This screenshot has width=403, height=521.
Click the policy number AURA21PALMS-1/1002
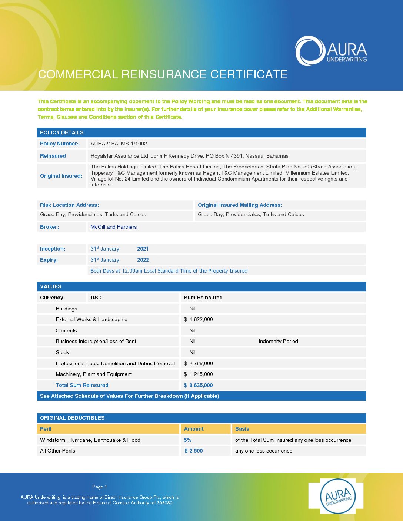pos(119,144)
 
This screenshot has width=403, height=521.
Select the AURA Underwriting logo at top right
pos(331,51)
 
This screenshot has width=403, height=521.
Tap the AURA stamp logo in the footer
pos(337,496)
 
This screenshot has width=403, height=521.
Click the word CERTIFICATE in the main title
pos(249,74)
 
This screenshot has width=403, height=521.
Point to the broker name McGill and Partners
pos(114,227)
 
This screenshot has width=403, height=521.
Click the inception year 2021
pos(143,249)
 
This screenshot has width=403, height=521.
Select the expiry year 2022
pos(143,260)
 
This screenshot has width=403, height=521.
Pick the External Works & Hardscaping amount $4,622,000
pos(199,319)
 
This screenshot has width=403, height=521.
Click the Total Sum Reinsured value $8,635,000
pos(199,385)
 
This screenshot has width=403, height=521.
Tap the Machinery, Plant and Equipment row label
pos(94,374)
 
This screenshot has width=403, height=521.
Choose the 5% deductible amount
pos(188,440)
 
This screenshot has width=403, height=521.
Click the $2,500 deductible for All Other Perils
pos(194,451)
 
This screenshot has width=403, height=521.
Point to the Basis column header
pos(242,429)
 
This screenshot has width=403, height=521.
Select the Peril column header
pos(46,429)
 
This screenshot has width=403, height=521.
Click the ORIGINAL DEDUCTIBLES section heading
pos(72,418)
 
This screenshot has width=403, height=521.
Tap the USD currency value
pos(96,298)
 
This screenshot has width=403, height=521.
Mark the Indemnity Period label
pos(278,341)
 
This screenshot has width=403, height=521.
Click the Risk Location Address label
pos(69,205)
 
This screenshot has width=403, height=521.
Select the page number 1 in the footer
pos(106,487)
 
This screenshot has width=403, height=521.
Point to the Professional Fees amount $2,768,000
pos(199,363)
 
